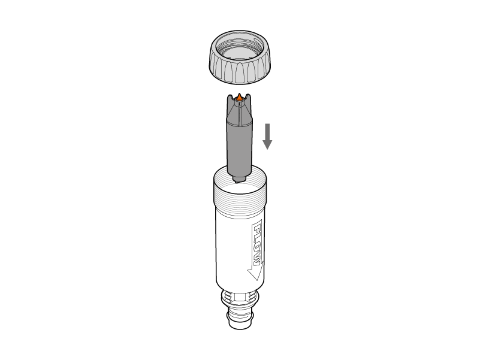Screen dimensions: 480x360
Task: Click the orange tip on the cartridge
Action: pos(239,98)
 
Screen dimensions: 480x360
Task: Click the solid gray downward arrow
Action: pos(267,137)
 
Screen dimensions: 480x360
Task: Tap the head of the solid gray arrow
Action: pos(267,145)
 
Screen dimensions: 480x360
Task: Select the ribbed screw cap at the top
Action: pos(240,58)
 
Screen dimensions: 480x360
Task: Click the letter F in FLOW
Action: pos(257,229)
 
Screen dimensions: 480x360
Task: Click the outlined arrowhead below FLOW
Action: pos(256,273)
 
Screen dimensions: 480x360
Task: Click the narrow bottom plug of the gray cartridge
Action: pos(239,179)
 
